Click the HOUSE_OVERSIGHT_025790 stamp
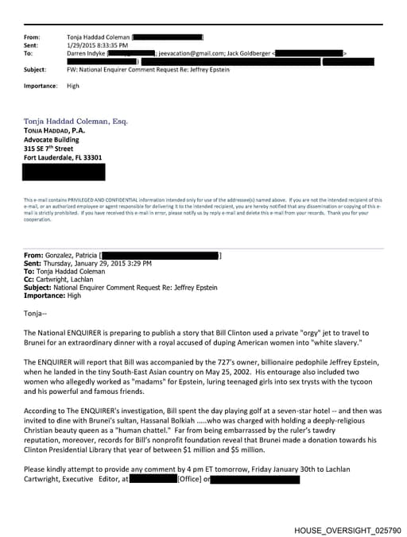click(x=347, y=529)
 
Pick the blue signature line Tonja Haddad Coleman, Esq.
click(x=76, y=122)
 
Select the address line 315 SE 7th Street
click(x=48, y=148)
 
